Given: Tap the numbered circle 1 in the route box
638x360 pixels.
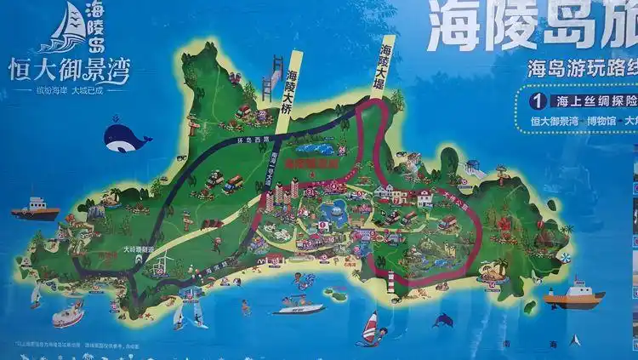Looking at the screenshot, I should [536, 100].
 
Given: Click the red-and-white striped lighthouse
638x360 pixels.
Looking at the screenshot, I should [390, 283].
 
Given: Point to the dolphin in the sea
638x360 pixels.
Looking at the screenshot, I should [442, 320].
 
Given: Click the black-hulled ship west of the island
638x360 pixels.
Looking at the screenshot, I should [34, 208].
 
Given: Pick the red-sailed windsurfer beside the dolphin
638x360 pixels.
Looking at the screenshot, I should [369, 329].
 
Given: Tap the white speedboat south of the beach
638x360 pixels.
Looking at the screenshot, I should [299, 305].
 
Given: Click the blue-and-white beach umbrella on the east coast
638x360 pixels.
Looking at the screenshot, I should [564, 253].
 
